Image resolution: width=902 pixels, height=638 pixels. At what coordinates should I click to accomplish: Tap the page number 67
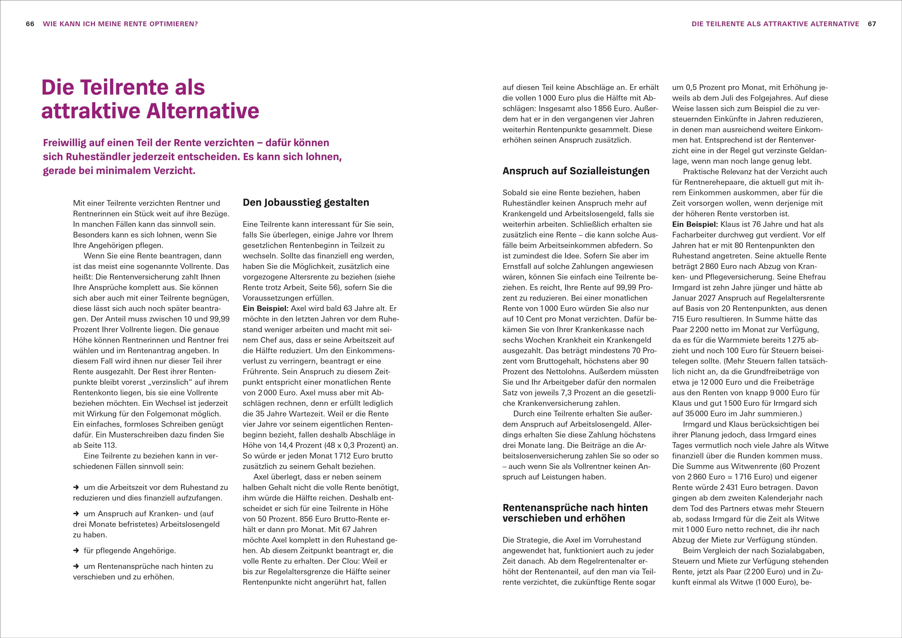pos(872,24)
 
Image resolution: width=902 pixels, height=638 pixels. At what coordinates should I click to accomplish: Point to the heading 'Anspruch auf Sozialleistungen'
pos(576,171)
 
